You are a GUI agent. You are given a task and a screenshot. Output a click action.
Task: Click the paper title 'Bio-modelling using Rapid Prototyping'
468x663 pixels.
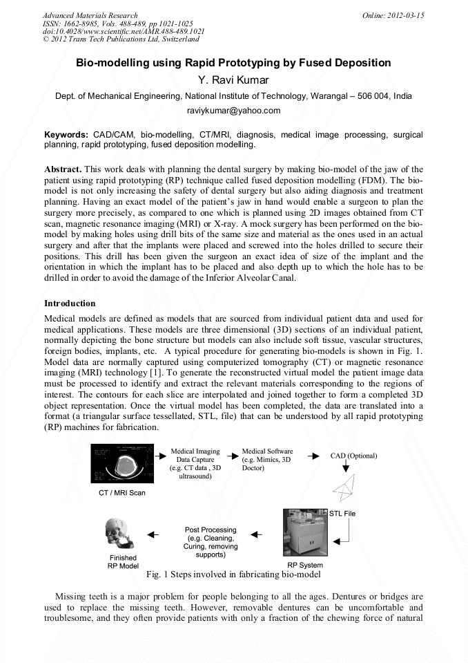click(x=233, y=63)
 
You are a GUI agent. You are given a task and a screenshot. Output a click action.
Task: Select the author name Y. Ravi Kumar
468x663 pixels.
click(x=233, y=80)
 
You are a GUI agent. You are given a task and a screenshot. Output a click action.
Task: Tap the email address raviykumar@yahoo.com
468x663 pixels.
click(x=233, y=111)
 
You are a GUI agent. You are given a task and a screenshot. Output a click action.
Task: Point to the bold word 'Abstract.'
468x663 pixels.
click(x=63, y=169)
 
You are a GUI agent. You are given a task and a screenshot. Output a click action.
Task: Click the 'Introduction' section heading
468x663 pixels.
click(x=70, y=304)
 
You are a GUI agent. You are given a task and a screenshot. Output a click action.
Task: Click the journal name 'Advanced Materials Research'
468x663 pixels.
click(x=90, y=15)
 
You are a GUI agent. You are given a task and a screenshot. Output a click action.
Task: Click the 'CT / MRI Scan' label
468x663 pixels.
click(x=121, y=493)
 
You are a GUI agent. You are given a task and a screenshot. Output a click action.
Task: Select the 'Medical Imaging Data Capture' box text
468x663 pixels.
click(x=195, y=464)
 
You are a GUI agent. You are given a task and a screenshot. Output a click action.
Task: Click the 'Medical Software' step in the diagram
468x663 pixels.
click(x=267, y=460)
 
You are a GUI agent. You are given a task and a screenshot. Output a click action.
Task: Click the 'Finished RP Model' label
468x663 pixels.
click(x=123, y=561)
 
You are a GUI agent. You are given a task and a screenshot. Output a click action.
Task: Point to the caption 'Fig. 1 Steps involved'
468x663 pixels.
click(x=233, y=575)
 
